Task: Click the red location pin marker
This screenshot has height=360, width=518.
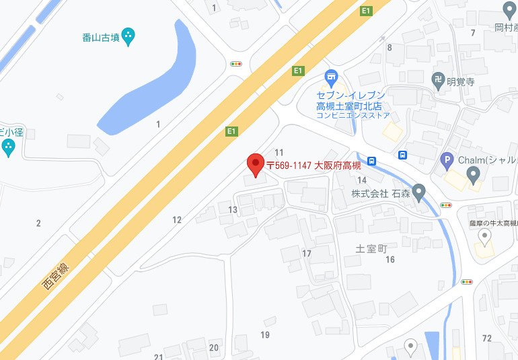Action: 255,164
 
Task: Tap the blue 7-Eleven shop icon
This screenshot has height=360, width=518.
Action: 331,78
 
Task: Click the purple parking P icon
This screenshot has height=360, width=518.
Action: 447,161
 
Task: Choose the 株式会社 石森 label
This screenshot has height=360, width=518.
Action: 379,194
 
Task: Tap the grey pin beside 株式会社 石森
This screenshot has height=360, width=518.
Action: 419,194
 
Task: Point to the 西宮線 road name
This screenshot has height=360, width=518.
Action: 57,276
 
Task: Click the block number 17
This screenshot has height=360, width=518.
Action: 307,254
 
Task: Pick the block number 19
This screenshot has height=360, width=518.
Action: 265,334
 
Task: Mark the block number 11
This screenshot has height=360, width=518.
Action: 279,153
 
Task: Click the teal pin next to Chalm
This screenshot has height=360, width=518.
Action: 472,176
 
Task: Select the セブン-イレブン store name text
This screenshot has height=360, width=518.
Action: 350,96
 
